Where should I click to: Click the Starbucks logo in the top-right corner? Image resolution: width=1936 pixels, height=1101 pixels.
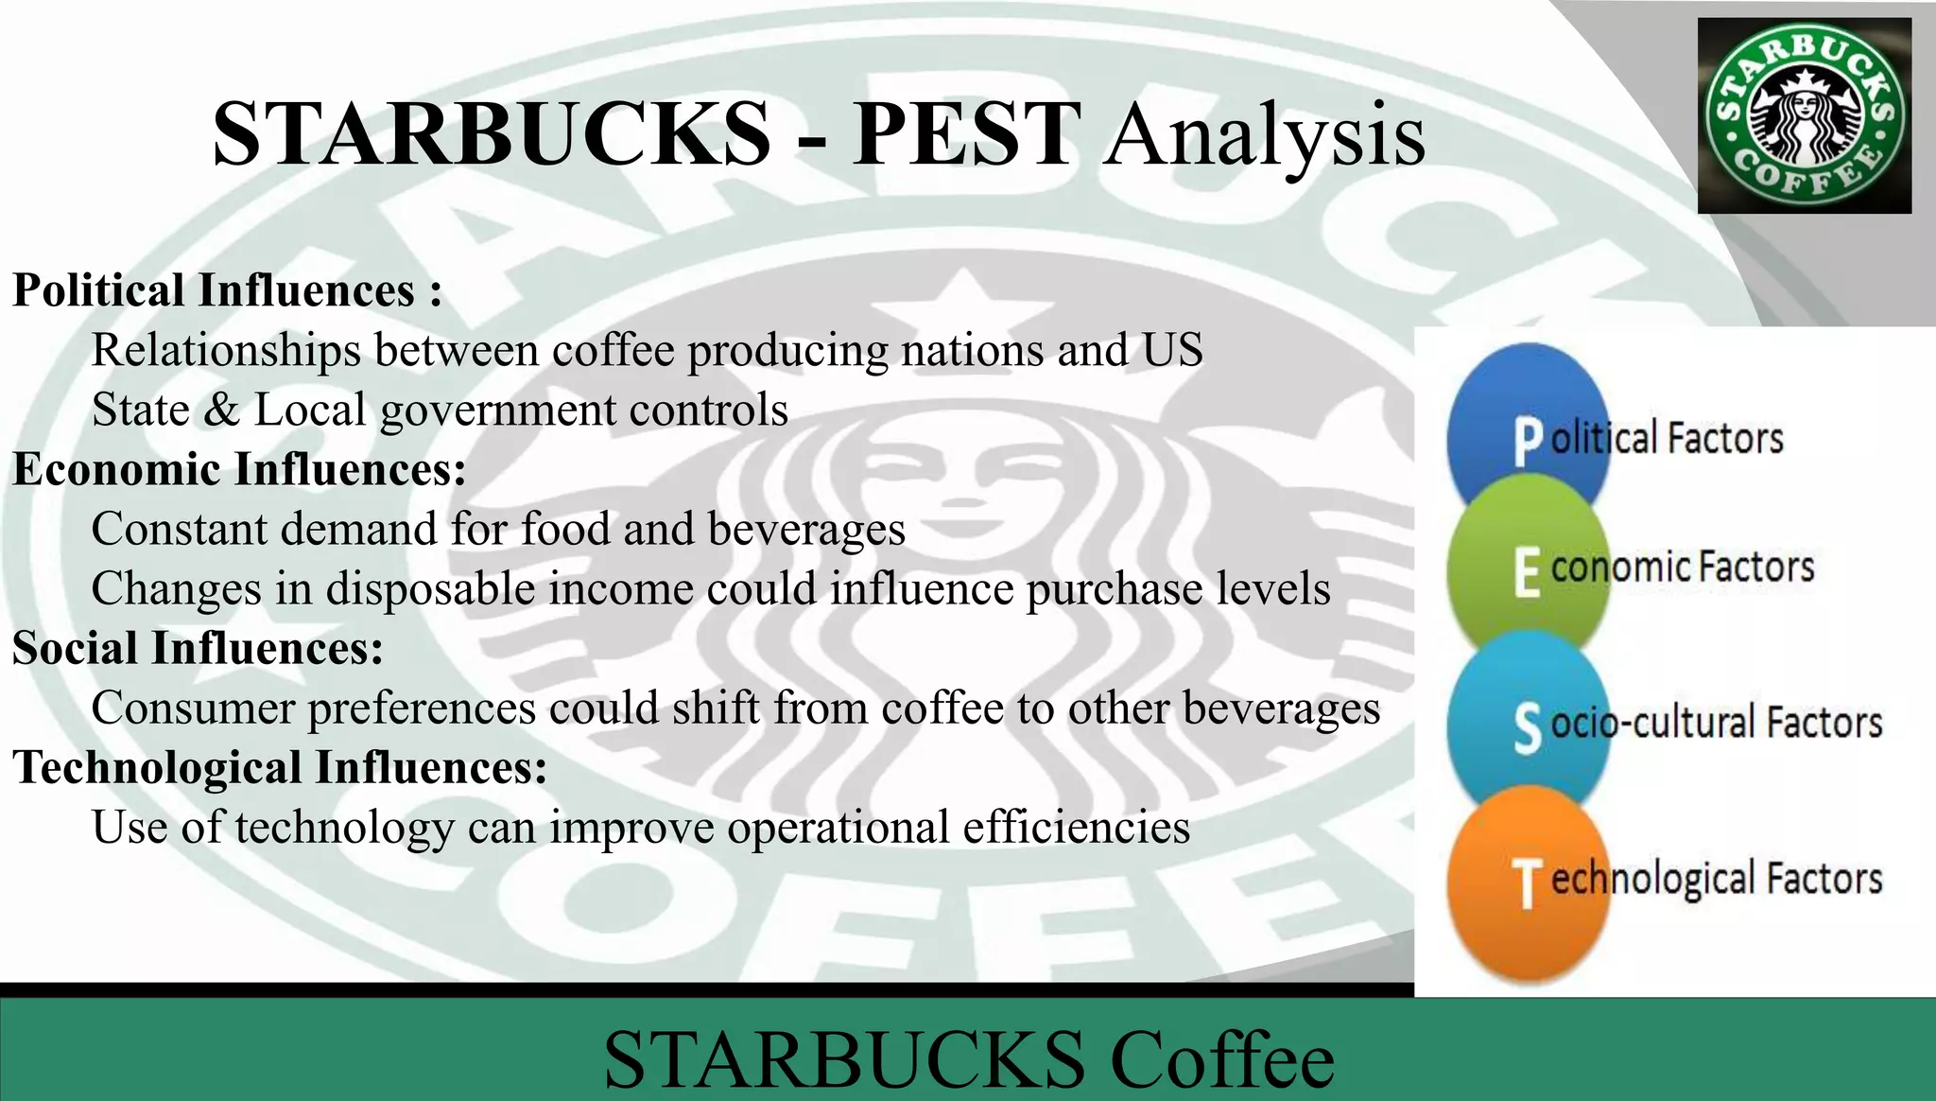1804,115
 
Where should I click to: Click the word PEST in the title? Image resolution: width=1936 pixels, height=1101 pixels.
964,134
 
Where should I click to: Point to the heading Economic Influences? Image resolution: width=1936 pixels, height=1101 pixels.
239,469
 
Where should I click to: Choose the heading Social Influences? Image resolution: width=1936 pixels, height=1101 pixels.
198,648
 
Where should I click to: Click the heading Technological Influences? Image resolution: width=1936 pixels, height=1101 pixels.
280,767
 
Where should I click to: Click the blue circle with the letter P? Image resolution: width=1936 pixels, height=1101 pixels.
1526,416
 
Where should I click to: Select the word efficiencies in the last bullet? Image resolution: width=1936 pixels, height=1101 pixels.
1076,828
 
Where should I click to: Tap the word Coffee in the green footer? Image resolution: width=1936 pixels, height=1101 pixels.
1221,1059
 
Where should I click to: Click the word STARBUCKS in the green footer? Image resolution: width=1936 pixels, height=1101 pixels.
844,1059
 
